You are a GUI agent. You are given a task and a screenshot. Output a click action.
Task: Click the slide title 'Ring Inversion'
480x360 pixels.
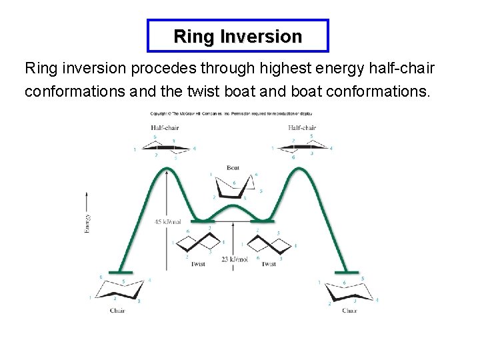tap(237, 36)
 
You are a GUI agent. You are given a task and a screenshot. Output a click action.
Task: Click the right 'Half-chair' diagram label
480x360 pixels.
tap(302, 127)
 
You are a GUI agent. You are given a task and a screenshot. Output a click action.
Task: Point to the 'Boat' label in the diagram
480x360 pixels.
tap(233, 167)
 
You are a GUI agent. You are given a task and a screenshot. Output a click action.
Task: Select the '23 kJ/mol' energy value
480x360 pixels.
tap(235, 259)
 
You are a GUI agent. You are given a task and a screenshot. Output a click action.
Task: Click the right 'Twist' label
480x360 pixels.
tap(269, 264)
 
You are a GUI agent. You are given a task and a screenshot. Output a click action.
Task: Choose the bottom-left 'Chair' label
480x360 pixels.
tap(117, 311)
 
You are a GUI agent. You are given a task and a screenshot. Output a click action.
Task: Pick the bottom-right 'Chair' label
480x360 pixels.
tap(350, 311)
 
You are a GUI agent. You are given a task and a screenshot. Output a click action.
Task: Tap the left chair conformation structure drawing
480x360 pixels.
tap(120, 289)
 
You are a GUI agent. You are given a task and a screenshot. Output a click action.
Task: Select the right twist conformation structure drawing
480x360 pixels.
tap(269, 243)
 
